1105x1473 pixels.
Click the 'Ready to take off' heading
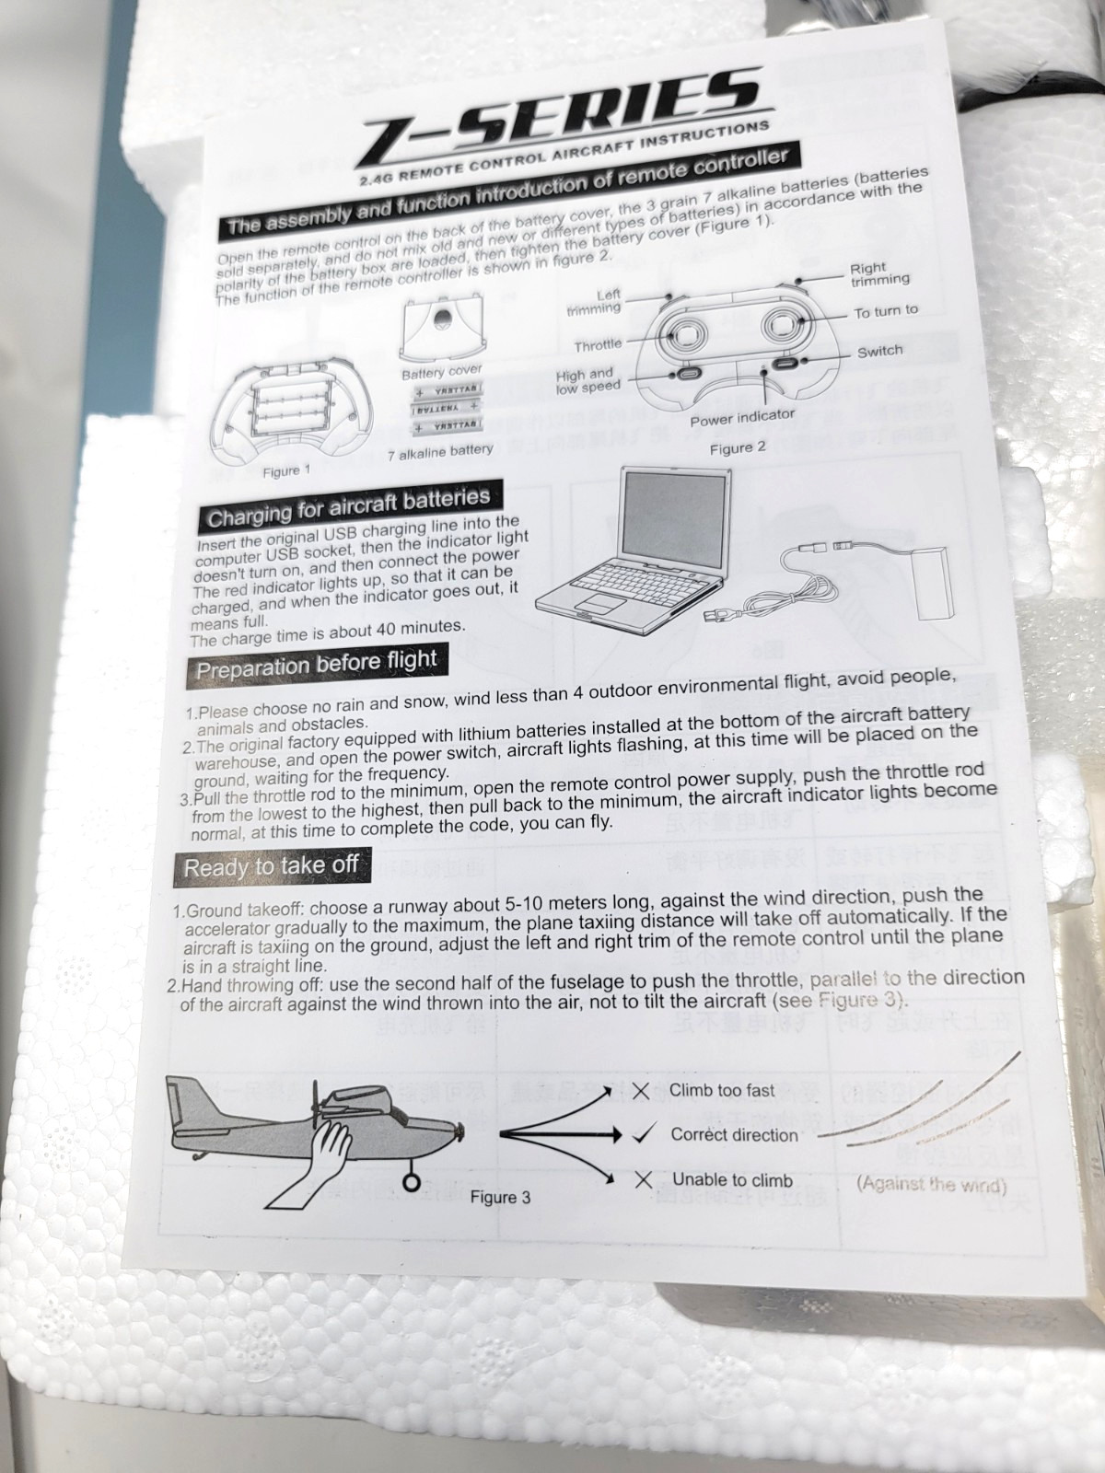[271, 867]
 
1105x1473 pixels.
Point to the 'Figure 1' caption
[286, 471]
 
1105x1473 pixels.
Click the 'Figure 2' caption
[738, 448]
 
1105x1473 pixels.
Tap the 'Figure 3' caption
[500, 1197]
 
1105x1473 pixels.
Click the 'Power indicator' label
[742, 417]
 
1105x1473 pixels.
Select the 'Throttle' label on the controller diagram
[598, 345]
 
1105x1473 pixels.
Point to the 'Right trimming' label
[879, 273]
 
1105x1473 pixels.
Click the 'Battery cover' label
[441, 372]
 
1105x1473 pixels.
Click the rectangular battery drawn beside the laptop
[932, 583]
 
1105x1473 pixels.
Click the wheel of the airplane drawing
[413, 1182]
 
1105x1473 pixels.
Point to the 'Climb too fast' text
[722, 1091]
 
